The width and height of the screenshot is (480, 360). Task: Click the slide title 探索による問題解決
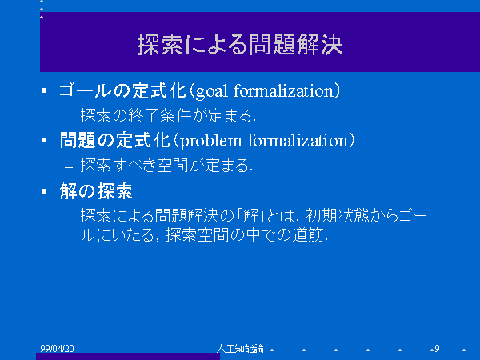tap(240, 45)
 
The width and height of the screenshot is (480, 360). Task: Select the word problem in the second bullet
tap(211, 142)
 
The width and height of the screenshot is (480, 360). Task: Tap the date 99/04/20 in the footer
tap(57, 348)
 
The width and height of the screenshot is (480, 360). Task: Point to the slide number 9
tap(437, 348)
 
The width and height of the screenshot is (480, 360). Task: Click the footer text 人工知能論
tap(240, 348)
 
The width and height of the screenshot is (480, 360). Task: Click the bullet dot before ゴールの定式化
tap(44, 90)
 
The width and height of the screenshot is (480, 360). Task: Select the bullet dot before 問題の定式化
tap(44, 141)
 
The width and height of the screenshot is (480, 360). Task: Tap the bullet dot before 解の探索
tap(44, 191)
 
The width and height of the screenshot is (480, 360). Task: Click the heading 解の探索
tap(96, 191)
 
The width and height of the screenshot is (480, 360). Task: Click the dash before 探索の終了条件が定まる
tap(69, 118)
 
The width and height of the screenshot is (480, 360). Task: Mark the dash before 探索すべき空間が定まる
tap(69, 167)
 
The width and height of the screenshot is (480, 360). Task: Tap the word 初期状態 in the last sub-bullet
tap(337, 216)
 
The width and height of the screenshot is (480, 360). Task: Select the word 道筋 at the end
tap(308, 235)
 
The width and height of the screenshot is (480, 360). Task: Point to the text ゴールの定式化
tap(122, 90)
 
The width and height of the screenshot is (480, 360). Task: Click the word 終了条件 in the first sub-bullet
tap(159, 116)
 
